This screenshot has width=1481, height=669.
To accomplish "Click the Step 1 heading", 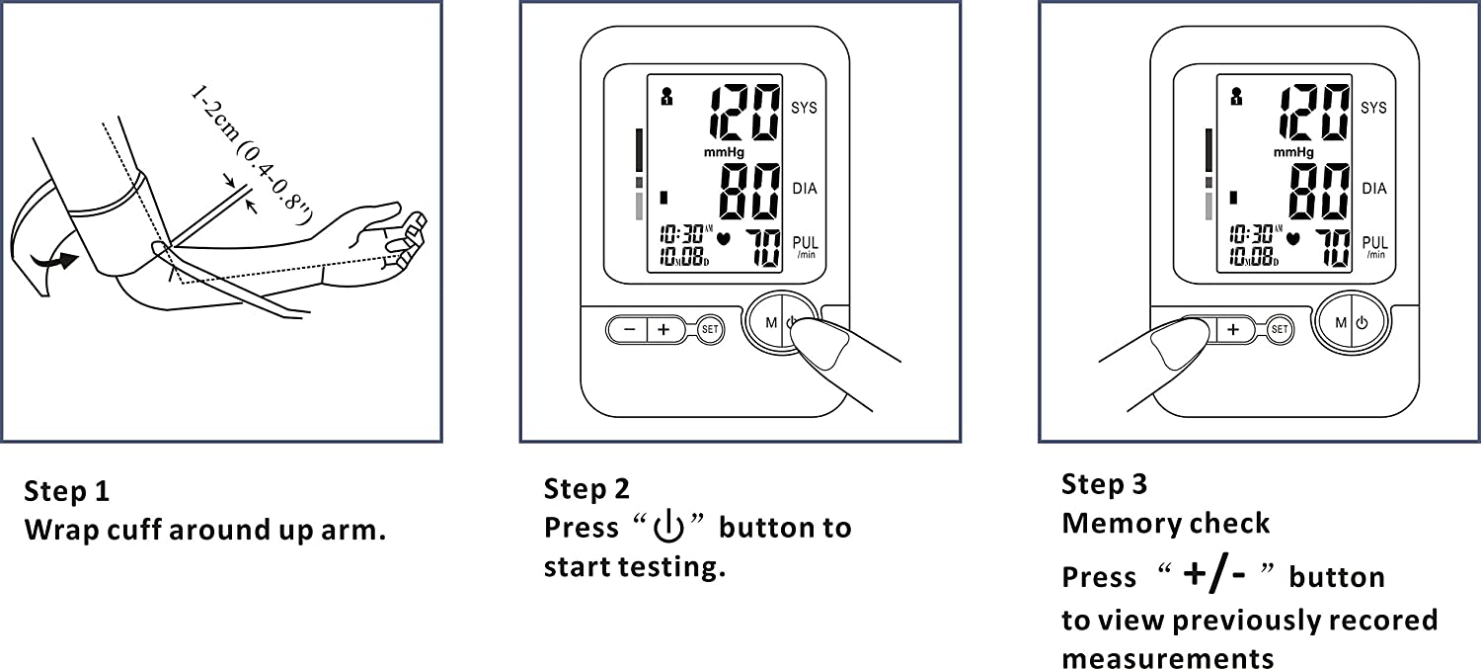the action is (x=66, y=491).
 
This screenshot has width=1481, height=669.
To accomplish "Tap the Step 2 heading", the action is (x=586, y=489).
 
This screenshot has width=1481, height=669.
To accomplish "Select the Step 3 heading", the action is (x=1104, y=484).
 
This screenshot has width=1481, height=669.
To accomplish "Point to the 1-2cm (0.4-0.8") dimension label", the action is (x=251, y=155).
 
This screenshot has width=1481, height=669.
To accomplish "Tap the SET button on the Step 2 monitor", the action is (x=710, y=329).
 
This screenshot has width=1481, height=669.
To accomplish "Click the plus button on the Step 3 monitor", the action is (x=1233, y=329).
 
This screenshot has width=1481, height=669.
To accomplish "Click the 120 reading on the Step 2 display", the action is (x=744, y=112).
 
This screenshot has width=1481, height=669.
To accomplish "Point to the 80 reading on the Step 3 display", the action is (x=1320, y=192).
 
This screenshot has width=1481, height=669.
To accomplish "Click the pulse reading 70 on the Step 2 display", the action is (x=763, y=248).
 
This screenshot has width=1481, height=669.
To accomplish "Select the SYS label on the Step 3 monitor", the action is (x=1374, y=107).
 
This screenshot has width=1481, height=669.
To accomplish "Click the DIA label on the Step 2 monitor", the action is (x=805, y=189).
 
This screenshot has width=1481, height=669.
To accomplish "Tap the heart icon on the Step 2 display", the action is (x=724, y=238).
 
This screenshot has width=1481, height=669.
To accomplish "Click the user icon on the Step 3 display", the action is (x=1236, y=97).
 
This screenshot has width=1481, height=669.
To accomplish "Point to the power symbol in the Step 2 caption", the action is (x=668, y=527).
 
